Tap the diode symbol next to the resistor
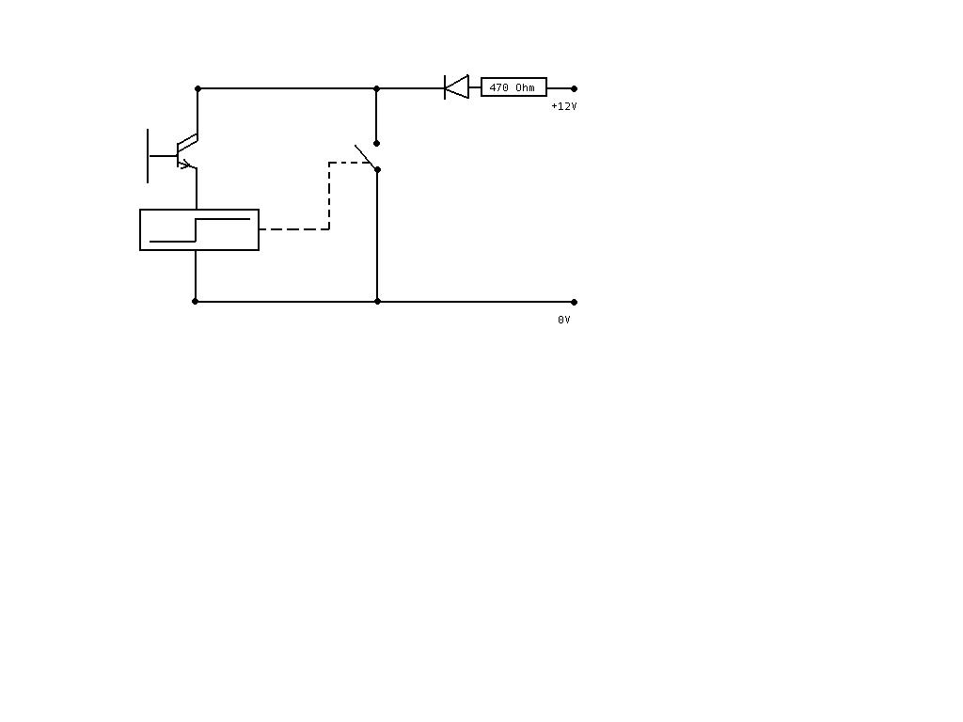pyautogui.click(x=456, y=87)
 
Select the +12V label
pyautogui.click(x=564, y=106)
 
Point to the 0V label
pyautogui.click(x=564, y=320)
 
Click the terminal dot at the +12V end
pyautogui.click(x=575, y=88)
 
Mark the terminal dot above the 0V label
pyautogui.click(x=575, y=302)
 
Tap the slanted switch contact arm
pyautogui.click(x=366, y=157)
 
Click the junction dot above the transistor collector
pyautogui.click(x=197, y=89)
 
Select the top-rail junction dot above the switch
pyautogui.click(x=376, y=89)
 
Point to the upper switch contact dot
pyautogui.click(x=376, y=143)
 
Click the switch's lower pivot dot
pyautogui.click(x=378, y=169)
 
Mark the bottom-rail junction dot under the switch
pyautogui.click(x=378, y=302)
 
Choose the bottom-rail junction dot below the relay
pyautogui.click(x=196, y=302)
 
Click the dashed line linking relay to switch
pyautogui.click(x=329, y=196)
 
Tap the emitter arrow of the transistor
pyautogui.click(x=185, y=164)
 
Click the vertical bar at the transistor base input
pyautogui.click(x=148, y=156)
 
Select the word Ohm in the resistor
pyautogui.click(x=525, y=87)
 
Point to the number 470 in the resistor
pyautogui.click(x=498, y=87)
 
